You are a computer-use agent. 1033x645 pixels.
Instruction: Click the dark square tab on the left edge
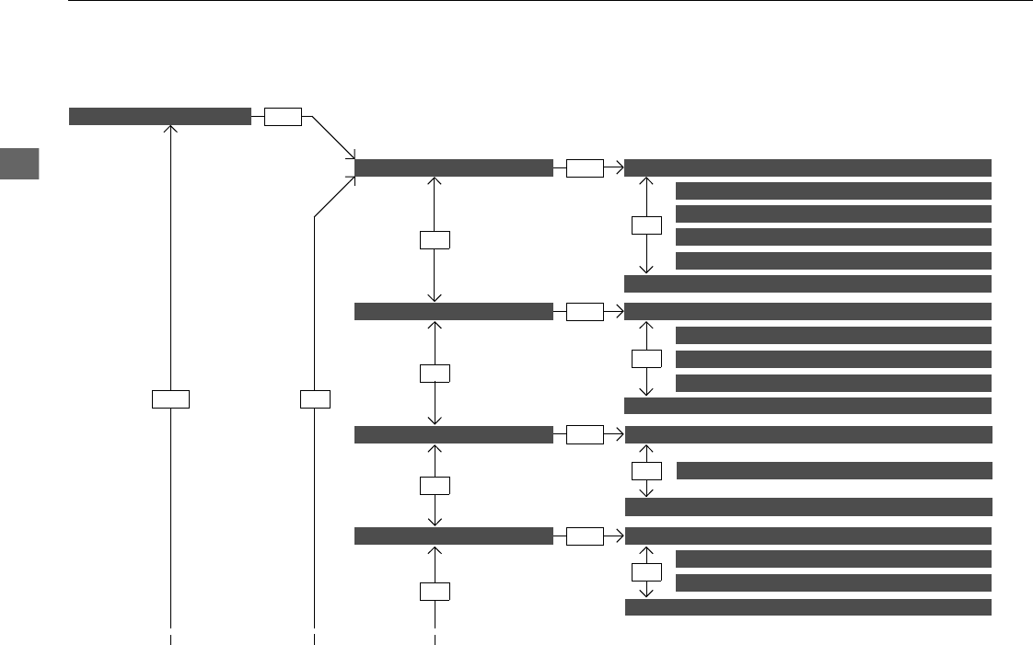(20, 164)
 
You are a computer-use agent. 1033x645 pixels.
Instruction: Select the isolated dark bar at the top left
(160, 116)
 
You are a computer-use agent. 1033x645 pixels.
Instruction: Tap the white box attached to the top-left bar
(284, 117)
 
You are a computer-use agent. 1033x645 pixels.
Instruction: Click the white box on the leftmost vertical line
(170, 398)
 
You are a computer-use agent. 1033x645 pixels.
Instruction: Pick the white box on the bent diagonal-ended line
(315, 398)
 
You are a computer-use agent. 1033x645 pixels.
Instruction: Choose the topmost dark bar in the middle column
(454, 167)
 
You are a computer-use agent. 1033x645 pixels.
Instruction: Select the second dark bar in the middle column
(454, 311)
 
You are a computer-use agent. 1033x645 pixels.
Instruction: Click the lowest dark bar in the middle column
(454, 536)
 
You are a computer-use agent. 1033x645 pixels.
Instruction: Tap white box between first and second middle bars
(434, 240)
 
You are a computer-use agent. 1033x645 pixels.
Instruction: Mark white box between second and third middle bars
(434, 374)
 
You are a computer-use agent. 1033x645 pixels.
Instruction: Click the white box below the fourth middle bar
(434, 591)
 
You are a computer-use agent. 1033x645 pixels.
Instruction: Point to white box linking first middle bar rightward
(585, 167)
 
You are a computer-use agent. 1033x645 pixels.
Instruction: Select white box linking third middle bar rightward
(585, 434)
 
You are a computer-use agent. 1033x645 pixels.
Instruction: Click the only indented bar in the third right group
(834, 471)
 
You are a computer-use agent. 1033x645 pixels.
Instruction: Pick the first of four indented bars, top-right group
(834, 191)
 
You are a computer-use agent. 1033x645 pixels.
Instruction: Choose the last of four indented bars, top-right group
(834, 260)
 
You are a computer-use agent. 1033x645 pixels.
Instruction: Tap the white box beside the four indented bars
(646, 225)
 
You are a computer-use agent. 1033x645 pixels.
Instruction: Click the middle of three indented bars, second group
(834, 359)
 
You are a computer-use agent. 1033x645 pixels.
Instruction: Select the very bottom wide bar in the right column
(808, 607)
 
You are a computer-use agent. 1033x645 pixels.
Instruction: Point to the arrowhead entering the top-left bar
(170, 129)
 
